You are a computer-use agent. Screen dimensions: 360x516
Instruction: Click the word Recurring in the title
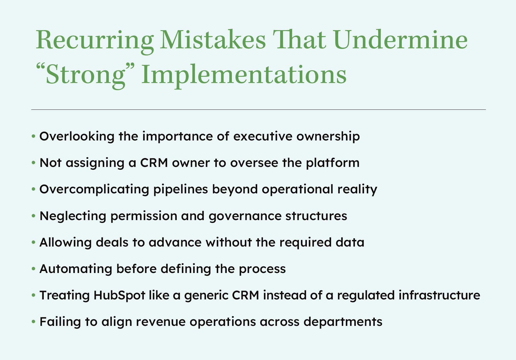(x=95, y=40)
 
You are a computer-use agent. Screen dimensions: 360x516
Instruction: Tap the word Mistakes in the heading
(x=213, y=40)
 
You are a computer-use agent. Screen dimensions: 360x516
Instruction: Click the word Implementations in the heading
(x=244, y=75)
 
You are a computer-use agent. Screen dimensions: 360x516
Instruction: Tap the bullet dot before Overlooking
(x=34, y=136)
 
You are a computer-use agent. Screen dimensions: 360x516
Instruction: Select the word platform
(x=332, y=163)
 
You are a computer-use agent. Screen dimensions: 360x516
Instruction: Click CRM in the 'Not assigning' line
(x=154, y=163)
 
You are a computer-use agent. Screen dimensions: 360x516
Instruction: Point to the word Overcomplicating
(x=94, y=189)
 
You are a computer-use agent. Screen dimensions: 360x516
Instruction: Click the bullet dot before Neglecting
(x=34, y=216)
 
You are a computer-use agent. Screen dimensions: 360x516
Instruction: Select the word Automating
(x=76, y=269)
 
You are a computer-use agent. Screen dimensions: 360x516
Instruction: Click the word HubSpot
(x=119, y=295)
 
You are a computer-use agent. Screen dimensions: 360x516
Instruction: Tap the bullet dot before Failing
(x=34, y=322)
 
